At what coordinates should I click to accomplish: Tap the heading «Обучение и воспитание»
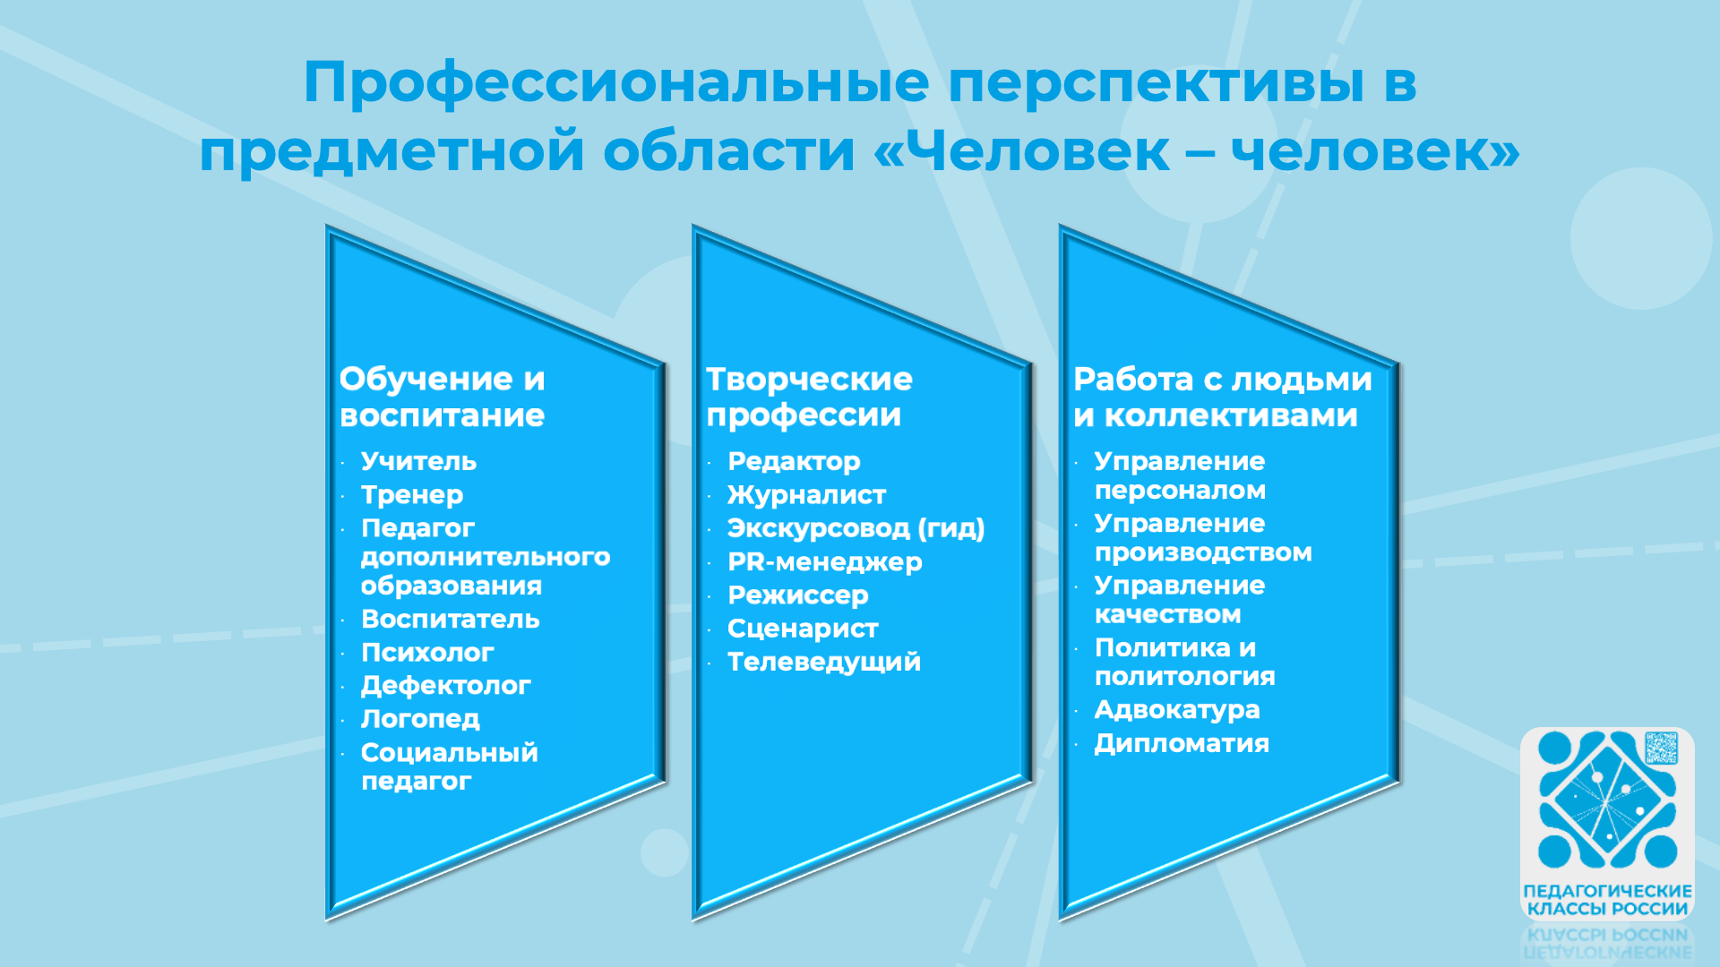click(443, 397)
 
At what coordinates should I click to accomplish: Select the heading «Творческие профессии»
click(809, 397)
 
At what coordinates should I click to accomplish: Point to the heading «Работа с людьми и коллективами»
click(1223, 397)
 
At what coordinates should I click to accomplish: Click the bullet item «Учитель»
click(418, 461)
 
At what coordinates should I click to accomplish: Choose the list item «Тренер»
click(412, 494)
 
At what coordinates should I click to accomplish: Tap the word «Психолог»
click(427, 653)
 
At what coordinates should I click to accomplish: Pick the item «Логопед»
click(420, 719)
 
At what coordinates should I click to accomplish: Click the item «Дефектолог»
click(446, 686)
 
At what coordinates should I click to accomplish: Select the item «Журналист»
click(806, 494)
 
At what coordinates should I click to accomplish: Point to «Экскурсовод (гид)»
click(856, 528)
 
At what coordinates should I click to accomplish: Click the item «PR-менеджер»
click(825, 562)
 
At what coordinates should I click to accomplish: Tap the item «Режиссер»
click(798, 595)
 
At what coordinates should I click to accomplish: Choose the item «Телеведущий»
click(824, 662)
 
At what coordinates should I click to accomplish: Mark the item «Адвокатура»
click(1177, 710)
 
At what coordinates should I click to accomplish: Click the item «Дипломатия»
click(1182, 743)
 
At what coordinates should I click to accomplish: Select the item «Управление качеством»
click(1180, 600)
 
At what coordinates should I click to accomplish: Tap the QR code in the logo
click(1661, 748)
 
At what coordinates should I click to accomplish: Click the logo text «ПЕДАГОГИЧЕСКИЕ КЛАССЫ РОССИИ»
click(1607, 900)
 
